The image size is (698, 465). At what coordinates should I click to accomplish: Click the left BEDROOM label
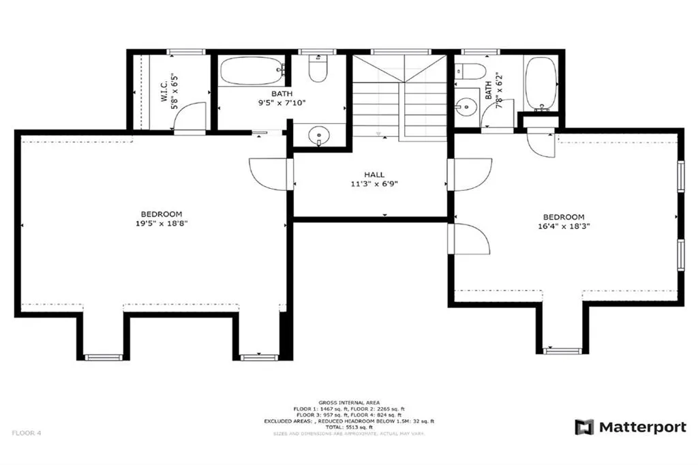(x=162, y=214)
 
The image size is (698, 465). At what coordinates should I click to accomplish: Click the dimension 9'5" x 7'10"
(x=281, y=103)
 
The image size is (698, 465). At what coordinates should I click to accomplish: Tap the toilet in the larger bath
(x=318, y=69)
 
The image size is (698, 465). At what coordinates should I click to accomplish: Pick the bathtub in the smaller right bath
(x=542, y=83)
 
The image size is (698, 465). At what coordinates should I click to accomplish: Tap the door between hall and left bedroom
(x=271, y=174)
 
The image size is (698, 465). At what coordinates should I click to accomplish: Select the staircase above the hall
(x=399, y=95)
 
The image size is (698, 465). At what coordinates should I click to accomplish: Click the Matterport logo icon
(x=584, y=427)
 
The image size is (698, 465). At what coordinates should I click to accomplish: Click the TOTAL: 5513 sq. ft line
(x=349, y=427)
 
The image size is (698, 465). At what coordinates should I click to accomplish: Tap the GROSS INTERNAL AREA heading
(x=349, y=402)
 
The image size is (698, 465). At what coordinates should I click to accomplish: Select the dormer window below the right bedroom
(x=562, y=350)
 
